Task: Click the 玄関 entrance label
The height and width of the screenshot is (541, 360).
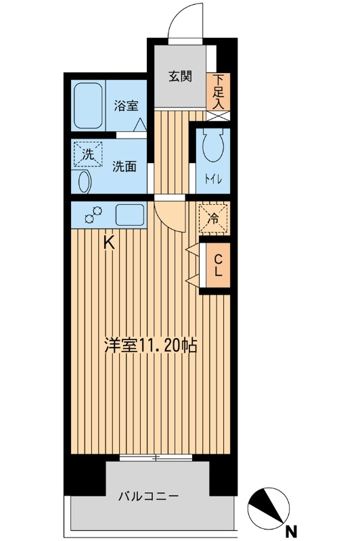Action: tap(180, 76)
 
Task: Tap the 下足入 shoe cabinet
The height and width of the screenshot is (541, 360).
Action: tap(219, 92)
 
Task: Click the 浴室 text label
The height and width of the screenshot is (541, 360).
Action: tap(126, 105)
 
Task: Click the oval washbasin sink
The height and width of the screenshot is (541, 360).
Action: tap(83, 182)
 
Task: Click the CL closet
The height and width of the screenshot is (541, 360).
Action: tap(218, 265)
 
